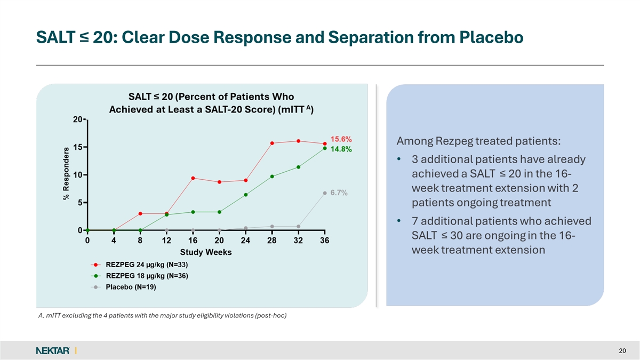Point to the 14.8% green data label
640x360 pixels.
[x=341, y=149]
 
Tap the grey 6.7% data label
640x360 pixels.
[x=339, y=193]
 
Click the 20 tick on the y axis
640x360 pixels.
[x=77, y=119]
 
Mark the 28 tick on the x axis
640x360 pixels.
[x=271, y=241]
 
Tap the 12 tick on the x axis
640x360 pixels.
[x=166, y=241]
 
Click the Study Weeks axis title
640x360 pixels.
[x=206, y=252]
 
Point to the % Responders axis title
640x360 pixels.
[x=67, y=173]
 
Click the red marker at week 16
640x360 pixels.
[x=193, y=178]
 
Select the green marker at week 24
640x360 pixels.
[x=246, y=195]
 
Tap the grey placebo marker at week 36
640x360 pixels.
[x=325, y=193]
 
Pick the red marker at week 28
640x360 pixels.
[x=272, y=143]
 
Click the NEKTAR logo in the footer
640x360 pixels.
[x=53, y=350]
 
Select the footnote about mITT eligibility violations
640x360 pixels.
[x=163, y=316]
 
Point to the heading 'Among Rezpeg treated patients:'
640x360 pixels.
[x=478, y=141]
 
